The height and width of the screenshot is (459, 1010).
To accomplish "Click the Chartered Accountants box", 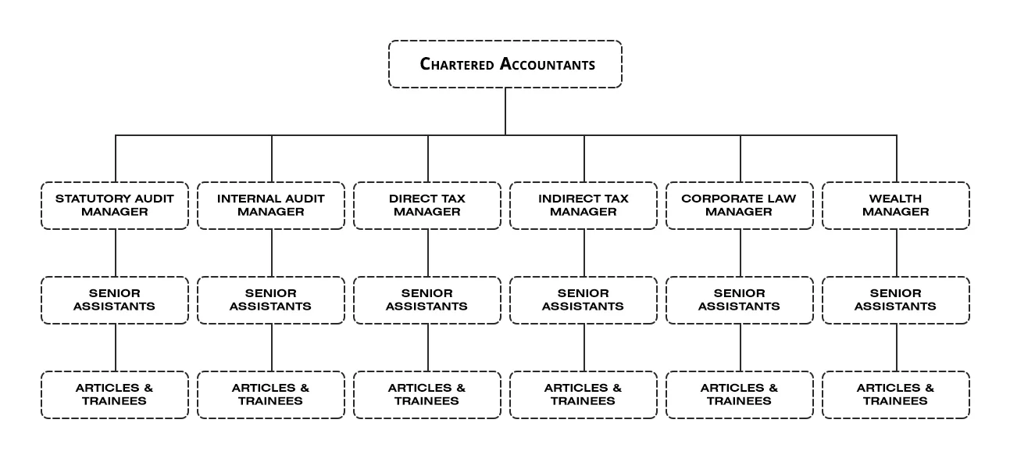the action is [505, 64].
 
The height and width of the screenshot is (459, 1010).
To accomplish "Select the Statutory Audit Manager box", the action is [115, 206].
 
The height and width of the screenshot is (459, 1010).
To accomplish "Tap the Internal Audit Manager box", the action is [271, 206].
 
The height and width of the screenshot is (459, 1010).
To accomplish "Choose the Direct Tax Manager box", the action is [427, 206].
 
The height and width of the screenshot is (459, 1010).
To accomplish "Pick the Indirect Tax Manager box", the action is [584, 206].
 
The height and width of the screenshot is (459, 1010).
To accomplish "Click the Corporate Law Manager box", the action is [740, 206].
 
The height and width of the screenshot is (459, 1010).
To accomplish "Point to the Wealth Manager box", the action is [896, 206].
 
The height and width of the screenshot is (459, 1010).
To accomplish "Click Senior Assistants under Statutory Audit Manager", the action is [115, 300].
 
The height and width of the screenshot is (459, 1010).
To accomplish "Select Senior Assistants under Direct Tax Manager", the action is [427, 300].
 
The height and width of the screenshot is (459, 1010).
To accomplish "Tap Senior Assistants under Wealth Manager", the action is [896, 300].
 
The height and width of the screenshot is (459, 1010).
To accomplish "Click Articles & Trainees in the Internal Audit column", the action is [271, 395].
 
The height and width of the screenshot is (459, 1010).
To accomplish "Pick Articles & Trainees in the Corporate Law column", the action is [740, 395].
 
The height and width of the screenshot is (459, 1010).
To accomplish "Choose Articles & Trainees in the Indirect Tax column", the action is [584, 395].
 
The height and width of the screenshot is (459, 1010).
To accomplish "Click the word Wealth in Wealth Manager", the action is [895, 199].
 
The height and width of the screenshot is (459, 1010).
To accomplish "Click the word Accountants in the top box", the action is [548, 64].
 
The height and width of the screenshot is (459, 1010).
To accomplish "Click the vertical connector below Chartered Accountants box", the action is [505, 112].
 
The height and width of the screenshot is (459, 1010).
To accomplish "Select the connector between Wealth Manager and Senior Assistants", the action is [897, 253].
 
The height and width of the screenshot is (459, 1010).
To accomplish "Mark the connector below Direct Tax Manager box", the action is [428, 253].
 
